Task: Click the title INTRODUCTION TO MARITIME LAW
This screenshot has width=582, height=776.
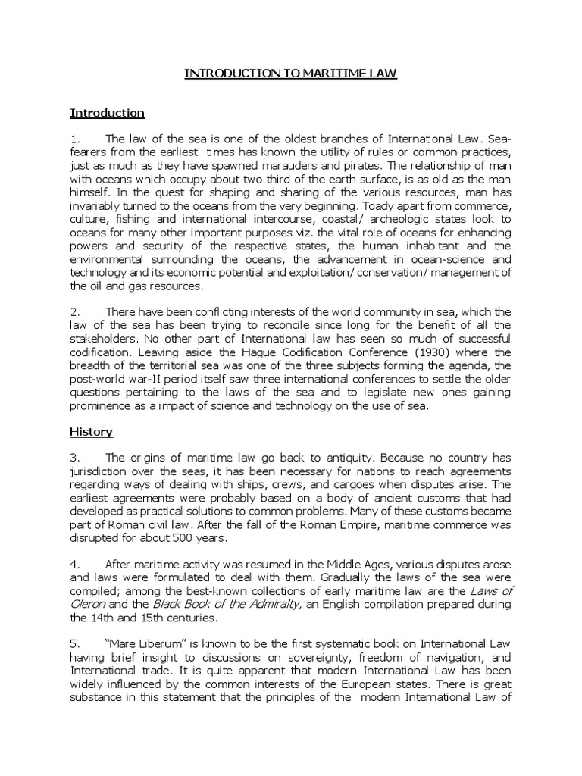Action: [291, 74]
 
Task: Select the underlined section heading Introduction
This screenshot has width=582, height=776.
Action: [107, 113]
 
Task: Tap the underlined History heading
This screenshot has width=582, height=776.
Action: [92, 432]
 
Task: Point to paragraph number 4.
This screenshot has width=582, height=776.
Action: [74, 564]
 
